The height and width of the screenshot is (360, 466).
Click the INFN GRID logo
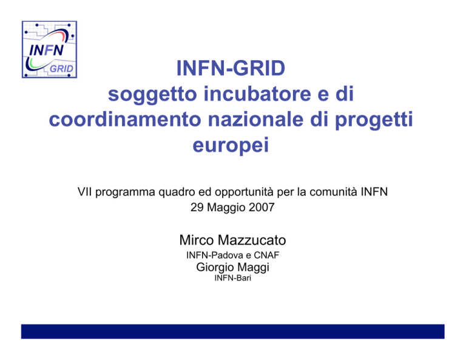pyautogui.click(x=49, y=49)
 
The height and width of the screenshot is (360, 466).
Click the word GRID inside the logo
pyautogui.click(x=61, y=69)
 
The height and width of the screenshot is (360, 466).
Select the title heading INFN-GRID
pyautogui.click(x=231, y=68)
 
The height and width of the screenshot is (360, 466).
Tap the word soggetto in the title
pyautogui.click(x=152, y=95)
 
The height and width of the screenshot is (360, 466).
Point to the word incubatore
pyautogui.click(x=257, y=93)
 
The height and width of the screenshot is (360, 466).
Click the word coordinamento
pyautogui.click(x=125, y=119)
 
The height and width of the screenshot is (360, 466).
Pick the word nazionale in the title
pyautogui.click(x=255, y=119)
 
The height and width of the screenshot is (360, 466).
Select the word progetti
pyautogui.click(x=374, y=120)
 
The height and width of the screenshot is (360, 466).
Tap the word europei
pyautogui.click(x=231, y=146)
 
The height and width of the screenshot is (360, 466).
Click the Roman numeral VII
pyautogui.click(x=85, y=192)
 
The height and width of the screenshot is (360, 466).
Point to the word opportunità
pyautogui.click(x=244, y=192)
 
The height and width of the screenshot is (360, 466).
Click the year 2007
pyautogui.click(x=262, y=207)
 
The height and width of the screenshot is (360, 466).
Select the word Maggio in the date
pyautogui.click(x=226, y=208)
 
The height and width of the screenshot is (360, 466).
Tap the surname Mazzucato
pyautogui.click(x=252, y=240)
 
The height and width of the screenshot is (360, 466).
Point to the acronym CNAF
pyautogui.click(x=266, y=255)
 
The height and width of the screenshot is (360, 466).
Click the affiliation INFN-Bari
pyautogui.click(x=233, y=278)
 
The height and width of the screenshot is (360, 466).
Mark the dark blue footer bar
pyautogui.click(x=233, y=331)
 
